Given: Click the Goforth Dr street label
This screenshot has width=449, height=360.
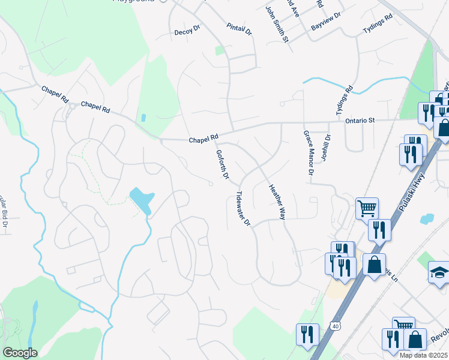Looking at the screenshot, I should [x=223, y=164].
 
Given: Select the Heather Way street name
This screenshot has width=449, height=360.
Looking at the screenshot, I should [x=276, y=201].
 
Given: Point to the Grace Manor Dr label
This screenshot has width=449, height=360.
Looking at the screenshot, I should [x=308, y=152].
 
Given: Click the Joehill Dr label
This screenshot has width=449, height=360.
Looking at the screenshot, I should [x=328, y=145].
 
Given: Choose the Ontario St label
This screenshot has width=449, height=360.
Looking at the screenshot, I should [x=360, y=121].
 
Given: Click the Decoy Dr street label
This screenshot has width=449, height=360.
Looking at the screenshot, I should [x=187, y=32].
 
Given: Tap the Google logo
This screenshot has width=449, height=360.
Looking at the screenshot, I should [x=20, y=353].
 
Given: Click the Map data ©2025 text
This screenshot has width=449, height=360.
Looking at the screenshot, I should [x=423, y=355].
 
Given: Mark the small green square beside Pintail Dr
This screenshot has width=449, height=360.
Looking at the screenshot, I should [x=220, y=51].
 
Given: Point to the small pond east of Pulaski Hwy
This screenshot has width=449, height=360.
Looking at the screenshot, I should [x=428, y=219].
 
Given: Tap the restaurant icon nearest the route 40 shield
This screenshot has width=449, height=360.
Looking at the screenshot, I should [x=308, y=335].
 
